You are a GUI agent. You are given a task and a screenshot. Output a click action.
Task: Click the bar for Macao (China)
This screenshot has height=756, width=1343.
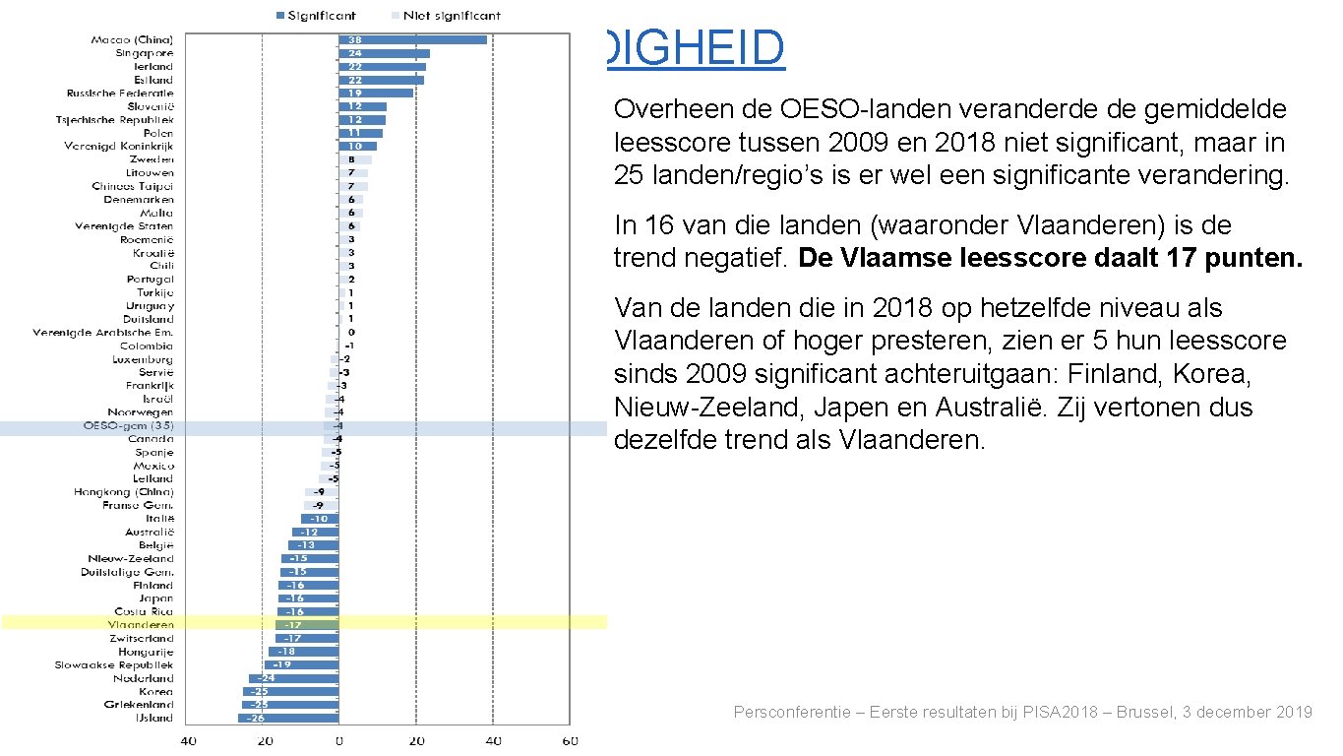coord(412,39)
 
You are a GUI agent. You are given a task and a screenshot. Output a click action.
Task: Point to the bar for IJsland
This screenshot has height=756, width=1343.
coord(288,719)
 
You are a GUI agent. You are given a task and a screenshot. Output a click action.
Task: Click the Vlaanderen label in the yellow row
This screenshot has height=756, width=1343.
coord(141,625)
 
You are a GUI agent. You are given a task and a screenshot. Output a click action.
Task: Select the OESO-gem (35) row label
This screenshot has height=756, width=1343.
coord(128,426)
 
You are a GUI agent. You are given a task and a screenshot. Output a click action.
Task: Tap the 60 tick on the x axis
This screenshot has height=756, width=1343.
coord(568,741)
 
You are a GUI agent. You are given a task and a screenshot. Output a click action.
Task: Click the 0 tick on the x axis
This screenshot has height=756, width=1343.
coord(338,741)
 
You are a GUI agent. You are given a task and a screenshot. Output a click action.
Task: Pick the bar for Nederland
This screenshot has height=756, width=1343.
coord(293,678)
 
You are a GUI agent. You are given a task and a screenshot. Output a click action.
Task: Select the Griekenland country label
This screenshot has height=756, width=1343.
coord(139,705)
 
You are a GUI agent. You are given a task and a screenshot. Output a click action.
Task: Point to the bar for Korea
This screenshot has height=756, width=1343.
coord(291,692)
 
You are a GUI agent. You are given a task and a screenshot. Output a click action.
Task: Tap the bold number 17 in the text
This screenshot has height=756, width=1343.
coord(1206,258)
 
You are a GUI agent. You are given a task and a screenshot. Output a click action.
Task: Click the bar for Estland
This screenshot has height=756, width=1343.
coord(381,80)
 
